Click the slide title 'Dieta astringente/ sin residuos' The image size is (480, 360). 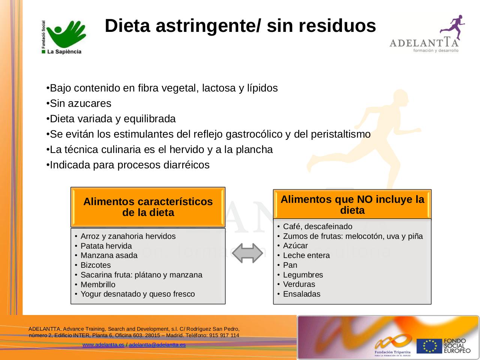240,26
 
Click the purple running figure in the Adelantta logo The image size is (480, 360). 453,27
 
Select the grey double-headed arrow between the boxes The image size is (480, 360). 247,253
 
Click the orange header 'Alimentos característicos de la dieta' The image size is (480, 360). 148,207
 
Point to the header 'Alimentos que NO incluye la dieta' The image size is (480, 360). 352,204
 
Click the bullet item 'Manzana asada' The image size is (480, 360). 109,255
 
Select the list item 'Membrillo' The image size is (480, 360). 98,285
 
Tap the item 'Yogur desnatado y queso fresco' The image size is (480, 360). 138,294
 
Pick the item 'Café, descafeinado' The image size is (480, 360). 318,226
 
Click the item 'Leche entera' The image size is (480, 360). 306,255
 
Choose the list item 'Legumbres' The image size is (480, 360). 303,275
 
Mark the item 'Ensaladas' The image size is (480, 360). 301,294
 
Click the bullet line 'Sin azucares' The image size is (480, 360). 80,103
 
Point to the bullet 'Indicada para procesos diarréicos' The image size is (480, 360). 129,165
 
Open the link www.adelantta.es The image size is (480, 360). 103,345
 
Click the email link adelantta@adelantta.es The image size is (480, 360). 157,345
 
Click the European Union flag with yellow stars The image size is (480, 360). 429,346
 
